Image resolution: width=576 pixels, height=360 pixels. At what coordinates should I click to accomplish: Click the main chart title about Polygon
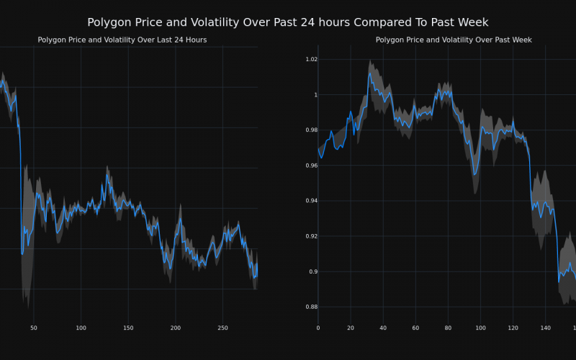point(287,23)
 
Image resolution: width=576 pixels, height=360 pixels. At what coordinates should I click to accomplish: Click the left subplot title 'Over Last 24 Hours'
point(122,40)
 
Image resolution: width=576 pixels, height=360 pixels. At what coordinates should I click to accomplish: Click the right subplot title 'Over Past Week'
point(454,40)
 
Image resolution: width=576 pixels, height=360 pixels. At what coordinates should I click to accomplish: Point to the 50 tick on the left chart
point(34,328)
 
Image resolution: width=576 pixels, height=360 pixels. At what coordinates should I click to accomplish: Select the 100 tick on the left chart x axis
point(81,328)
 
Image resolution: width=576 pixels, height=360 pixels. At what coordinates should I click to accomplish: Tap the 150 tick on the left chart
point(128,328)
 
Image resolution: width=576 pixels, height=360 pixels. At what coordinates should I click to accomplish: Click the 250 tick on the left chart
point(222,328)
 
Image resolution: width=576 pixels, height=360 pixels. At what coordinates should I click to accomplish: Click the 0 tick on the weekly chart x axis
point(318,328)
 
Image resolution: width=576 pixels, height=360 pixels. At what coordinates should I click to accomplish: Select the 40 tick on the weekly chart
point(383,328)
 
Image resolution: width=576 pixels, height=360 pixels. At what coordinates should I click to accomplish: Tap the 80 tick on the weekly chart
point(448,328)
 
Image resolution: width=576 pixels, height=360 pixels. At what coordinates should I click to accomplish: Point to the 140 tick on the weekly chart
point(545,328)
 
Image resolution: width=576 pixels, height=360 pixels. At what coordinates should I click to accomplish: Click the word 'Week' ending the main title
point(473,23)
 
